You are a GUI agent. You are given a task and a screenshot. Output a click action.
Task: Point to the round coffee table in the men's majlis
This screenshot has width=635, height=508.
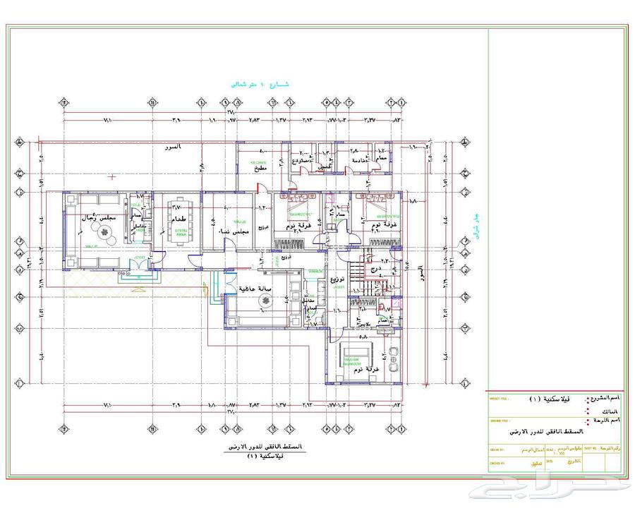click(110, 239)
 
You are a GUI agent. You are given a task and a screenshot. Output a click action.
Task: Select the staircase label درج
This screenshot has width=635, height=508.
click(375, 269)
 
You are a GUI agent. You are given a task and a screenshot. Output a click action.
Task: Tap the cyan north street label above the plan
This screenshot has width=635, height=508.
click(260, 84)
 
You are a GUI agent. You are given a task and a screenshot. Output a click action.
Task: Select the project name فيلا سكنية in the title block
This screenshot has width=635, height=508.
click(545, 399)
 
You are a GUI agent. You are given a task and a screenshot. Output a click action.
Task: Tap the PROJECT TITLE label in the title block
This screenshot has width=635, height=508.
click(499, 397)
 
